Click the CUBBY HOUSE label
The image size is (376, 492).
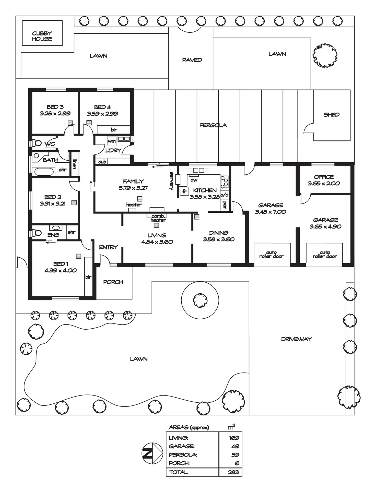tap(42, 36)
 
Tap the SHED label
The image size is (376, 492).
tap(332, 115)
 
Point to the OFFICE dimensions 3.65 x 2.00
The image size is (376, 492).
tap(324, 183)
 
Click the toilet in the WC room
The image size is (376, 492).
tap(37, 143)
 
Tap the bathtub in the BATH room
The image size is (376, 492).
tap(44, 172)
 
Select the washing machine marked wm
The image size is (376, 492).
tap(112, 141)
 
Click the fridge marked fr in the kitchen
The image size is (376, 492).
tap(184, 191)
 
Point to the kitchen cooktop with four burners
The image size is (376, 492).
tap(224, 182)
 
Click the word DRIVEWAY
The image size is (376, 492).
tap(296, 339)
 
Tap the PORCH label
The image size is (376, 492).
tap(113, 282)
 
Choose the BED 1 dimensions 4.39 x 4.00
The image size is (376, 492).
tap(61, 270)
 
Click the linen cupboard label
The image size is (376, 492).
tap(74, 164)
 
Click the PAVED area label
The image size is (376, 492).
tap(192, 60)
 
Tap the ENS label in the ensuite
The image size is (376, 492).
tap(53, 235)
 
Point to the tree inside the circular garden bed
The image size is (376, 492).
tap(200, 300)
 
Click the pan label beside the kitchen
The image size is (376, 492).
tap(225, 205)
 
